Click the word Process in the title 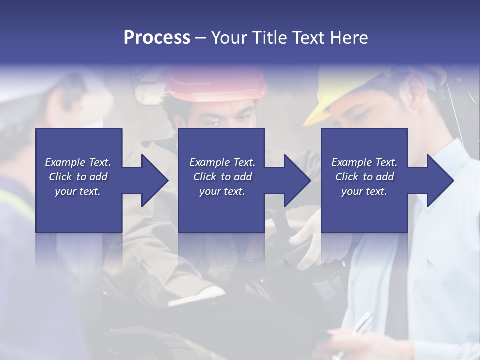click(x=157, y=37)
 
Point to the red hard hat click(x=216, y=84)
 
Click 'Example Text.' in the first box click(x=78, y=162)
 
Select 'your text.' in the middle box click(x=222, y=191)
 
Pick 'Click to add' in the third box click(x=364, y=177)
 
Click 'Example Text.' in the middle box click(x=222, y=162)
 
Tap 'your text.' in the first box click(x=78, y=191)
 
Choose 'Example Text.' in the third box click(x=364, y=162)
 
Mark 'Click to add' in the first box click(x=78, y=177)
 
